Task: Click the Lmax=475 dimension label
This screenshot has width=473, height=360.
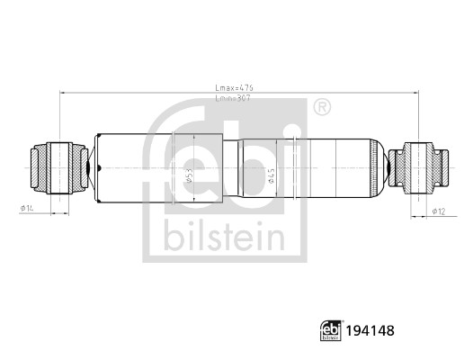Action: point(235,87)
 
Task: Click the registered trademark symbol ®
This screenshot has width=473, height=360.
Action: point(320,108)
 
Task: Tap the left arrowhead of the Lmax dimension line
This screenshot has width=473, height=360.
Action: point(62,93)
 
